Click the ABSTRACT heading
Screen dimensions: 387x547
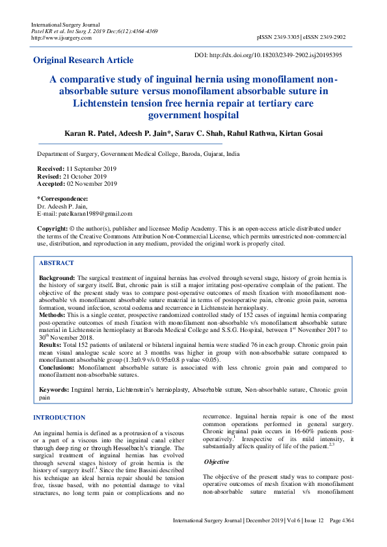coord(56,264)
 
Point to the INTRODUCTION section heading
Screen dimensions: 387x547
coord(59,418)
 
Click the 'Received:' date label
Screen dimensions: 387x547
coord(51,168)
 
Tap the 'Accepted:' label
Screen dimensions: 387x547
coord(51,184)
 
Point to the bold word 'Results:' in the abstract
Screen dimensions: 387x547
coord(51,344)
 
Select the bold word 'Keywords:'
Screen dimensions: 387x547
coord(54,389)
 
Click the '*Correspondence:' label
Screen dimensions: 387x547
coord(62,198)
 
